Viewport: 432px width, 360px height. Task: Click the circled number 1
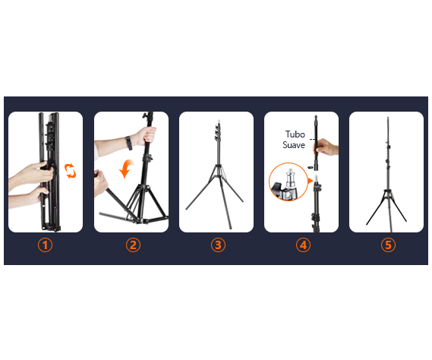click(x=45, y=245)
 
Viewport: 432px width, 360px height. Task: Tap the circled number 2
click(x=133, y=245)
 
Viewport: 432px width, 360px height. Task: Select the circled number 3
click(x=218, y=245)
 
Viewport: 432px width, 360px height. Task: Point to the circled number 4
click(x=303, y=245)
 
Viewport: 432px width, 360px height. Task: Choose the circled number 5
click(x=388, y=245)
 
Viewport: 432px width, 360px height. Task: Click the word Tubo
click(x=295, y=134)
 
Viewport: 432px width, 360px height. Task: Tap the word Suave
click(x=294, y=145)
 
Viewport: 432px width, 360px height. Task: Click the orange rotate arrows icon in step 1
click(x=70, y=171)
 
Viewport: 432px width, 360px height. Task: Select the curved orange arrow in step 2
click(x=126, y=169)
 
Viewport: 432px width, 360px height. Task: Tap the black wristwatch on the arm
click(x=129, y=143)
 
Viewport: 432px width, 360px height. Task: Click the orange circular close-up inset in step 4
click(x=289, y=182)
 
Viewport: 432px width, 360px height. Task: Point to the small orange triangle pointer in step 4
click(x=311, y=181)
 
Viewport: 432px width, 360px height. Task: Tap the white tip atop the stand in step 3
click(x=219, y=122)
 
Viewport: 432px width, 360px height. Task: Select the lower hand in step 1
click(x=29, y=198)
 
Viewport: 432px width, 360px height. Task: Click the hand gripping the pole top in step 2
click(x=147, y=136)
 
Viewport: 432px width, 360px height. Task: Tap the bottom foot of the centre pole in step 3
click(x=230, y=228)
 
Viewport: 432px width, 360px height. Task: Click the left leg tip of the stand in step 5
click(x=367, y=224)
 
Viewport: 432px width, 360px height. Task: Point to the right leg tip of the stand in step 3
click(x=242, y=201)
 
